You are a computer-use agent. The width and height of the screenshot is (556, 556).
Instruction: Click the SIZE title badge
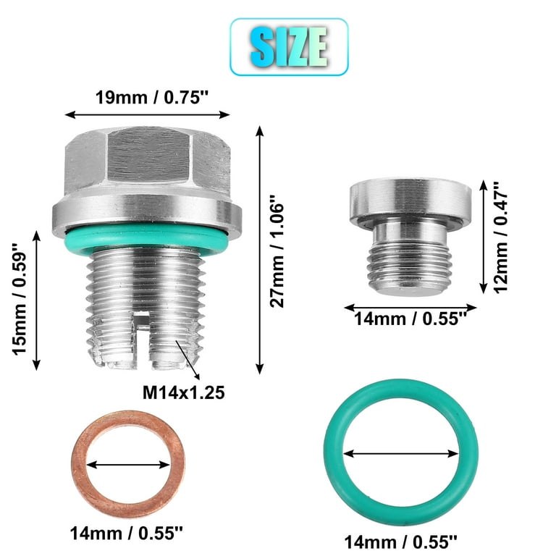coord(289,47)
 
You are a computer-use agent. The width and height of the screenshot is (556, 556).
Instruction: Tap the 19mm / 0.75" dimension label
coord(153,97)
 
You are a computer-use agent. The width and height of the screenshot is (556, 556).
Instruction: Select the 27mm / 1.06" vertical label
coord(277,251)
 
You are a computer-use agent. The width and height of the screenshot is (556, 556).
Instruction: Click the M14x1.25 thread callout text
coord(184,392)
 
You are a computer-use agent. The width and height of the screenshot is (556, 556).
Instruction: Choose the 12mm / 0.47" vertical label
coord(501,237)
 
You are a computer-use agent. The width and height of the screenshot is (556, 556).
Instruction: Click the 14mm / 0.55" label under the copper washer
coord(126,534)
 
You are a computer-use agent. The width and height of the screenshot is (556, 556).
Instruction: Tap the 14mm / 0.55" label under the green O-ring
coord(400,542)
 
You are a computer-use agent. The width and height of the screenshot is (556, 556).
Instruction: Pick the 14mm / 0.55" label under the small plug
coord(410,319)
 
